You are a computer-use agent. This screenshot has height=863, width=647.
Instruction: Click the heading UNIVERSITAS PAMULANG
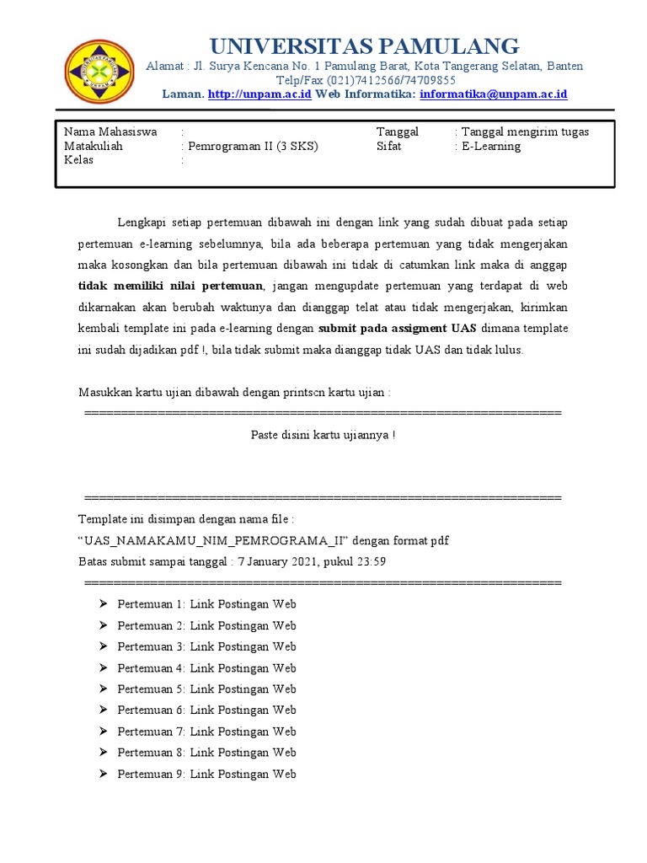click(364, 46)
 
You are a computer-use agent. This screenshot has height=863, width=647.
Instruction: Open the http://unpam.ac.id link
click(259, 94)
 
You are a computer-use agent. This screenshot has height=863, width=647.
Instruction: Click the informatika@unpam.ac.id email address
click(493, 94)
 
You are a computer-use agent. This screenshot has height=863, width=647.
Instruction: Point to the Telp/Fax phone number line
click(365, 80)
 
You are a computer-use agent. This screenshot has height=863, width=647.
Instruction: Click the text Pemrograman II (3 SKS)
click(253, 146)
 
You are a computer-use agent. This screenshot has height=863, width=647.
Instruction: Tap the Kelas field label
click(79, 160)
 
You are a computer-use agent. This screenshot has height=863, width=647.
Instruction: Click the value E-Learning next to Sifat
click(489, 146)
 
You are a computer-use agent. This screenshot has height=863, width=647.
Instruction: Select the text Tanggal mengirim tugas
click(524, 131)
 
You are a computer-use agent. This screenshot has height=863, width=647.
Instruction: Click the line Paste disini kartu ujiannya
click(323, 435)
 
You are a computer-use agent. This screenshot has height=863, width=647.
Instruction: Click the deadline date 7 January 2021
click(276, 561)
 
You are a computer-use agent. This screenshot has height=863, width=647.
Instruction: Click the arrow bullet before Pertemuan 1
click(103, 604)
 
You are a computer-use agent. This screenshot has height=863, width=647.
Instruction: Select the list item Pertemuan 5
click(150, 689)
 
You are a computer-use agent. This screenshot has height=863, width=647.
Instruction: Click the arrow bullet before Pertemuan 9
click(103, 774)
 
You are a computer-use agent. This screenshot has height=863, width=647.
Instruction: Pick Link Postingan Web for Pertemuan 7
click(243, 732)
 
